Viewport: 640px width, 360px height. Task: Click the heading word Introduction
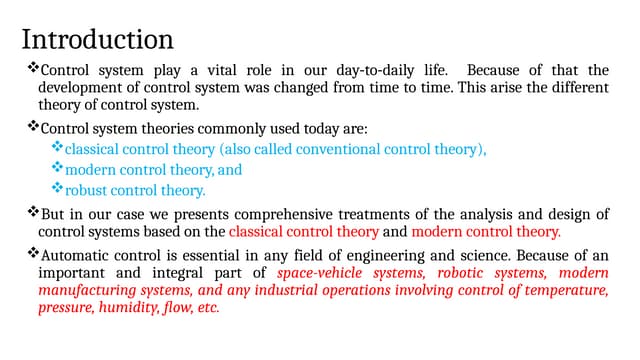click(x=98, y=40)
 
